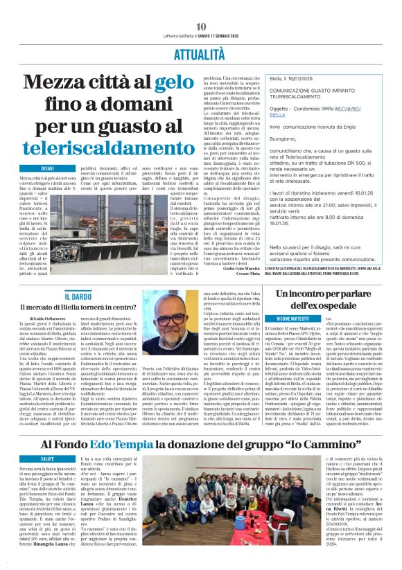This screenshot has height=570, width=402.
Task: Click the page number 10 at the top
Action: point(201,26)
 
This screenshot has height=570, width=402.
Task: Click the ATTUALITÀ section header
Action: point(200,53)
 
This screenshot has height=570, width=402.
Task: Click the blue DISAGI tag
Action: point(48,168)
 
